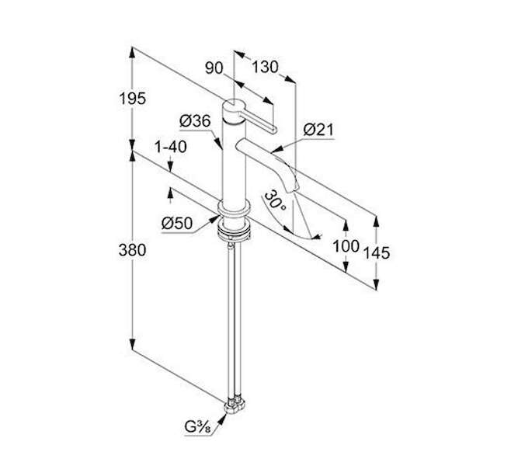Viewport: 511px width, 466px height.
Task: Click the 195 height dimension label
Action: [x=132, y=99]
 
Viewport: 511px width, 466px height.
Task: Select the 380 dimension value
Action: [x=132, y=250]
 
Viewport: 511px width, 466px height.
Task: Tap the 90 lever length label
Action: [x=214, y=68]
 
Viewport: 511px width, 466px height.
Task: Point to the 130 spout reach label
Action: [x=266, y=67]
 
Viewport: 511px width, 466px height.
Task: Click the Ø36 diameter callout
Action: [x=195, y=121]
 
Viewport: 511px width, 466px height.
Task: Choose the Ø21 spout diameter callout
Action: [x=318, y=130]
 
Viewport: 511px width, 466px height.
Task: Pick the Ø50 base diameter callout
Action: [x=177, y=224]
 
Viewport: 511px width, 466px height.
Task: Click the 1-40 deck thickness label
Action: [x=170, y=147]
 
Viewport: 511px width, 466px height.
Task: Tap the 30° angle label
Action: [x=274, y=200]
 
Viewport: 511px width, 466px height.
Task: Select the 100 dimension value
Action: [x=346, y=246]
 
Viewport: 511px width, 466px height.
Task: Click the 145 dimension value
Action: [x=377, y=253]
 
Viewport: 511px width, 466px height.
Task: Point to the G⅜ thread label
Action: [x=198, y=427]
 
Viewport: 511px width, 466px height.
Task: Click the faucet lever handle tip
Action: [x=273, y=130]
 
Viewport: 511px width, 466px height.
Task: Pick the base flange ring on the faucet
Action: [x=234, y=208]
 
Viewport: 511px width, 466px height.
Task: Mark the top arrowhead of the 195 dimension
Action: [x=132, y=53]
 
